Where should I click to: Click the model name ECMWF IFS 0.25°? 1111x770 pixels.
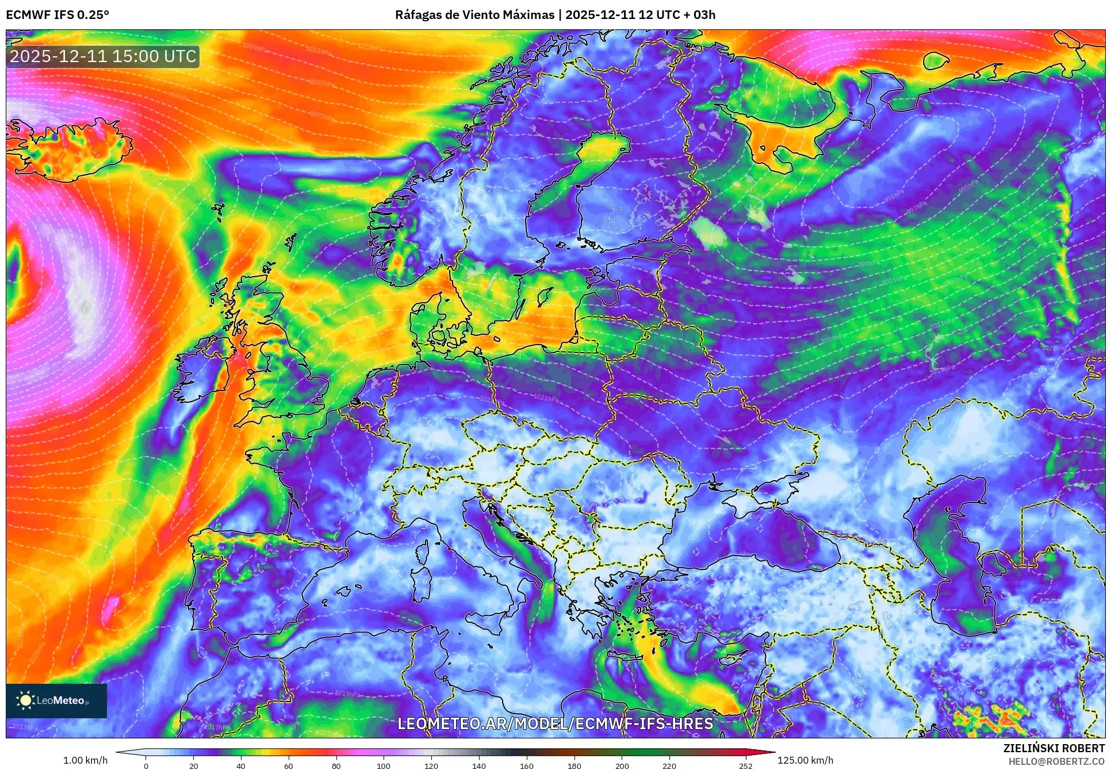(x=58, y=14)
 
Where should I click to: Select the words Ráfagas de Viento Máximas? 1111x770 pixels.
(x=474, y=14)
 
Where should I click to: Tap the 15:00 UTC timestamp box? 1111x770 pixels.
(x=103, y=56)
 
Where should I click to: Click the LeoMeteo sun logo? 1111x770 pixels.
(x=25, y=700)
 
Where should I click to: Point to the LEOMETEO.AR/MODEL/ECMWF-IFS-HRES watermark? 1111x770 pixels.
(x=555, y=723)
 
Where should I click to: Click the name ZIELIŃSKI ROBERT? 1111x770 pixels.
(x=1053, y=748)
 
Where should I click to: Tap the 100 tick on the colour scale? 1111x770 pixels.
(x=384, y=765)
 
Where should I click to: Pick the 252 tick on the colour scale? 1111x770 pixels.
(x=745, y=765)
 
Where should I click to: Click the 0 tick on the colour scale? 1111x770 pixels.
(x=146, y=765)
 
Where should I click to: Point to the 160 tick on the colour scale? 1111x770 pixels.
(x=526, y=765)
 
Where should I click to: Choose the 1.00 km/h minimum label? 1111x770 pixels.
(x=85, y=760)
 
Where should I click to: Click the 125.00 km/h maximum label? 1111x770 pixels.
(x=805, y=760)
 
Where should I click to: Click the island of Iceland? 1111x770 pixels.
(x=69, y=150)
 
